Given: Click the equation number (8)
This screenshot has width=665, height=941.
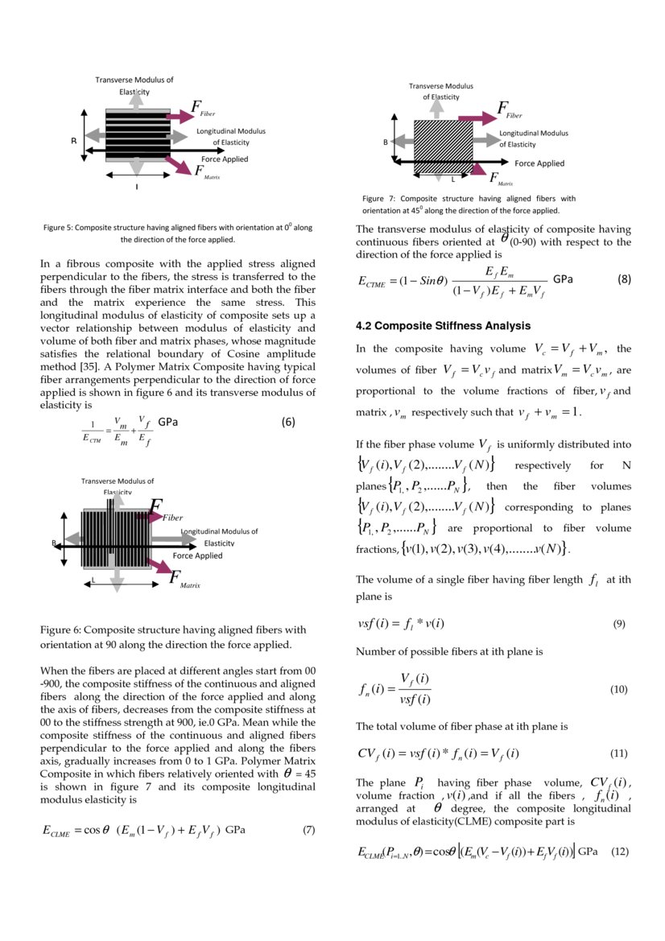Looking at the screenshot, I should point(624,279).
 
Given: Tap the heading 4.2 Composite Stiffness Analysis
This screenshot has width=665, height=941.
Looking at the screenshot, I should point(443,326).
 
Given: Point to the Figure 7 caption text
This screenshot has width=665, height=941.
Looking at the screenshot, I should point(469,204).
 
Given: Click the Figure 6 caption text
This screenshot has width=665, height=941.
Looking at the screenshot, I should point(173,637).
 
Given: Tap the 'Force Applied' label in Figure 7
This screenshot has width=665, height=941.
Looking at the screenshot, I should point(539,163).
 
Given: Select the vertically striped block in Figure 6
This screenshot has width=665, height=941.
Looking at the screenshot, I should point(118,538).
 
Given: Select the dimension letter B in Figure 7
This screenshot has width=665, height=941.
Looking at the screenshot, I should point(385,142).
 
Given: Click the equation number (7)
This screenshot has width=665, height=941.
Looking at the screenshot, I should point(308,830).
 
